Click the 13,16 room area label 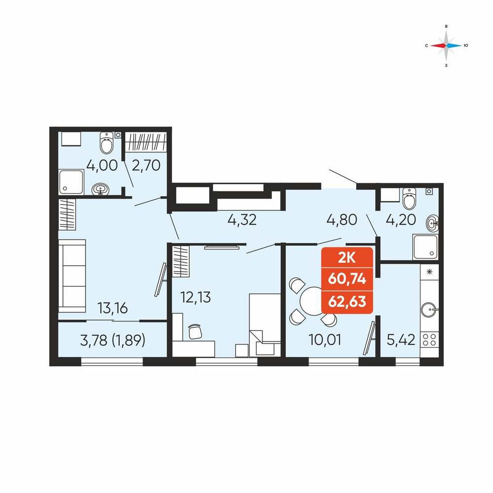(x=112, y=308)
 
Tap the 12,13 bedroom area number (x=195, y=297)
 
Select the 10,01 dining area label (x=325, y=340)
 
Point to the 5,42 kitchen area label (x=401, y=340)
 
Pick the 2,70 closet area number (x=146, y=165)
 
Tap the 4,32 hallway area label (x=242, y=220)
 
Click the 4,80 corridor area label (x=342, y=220)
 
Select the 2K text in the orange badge (x=347, y=258)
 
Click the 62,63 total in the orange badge (x=347, y=302)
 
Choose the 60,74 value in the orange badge (x=347, y=279)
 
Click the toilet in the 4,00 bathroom (x=106, y=143)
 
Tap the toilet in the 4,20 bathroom (x=409, y=199)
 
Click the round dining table (x=312, y=301)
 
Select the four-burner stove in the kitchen (x=429, y=340)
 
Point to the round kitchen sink (x=429, y=310)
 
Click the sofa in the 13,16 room (x=72, y=276)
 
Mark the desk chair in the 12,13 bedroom (x=195, y=332)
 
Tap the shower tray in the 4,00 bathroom (x=71, y=182)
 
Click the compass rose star (x=446, y=45)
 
